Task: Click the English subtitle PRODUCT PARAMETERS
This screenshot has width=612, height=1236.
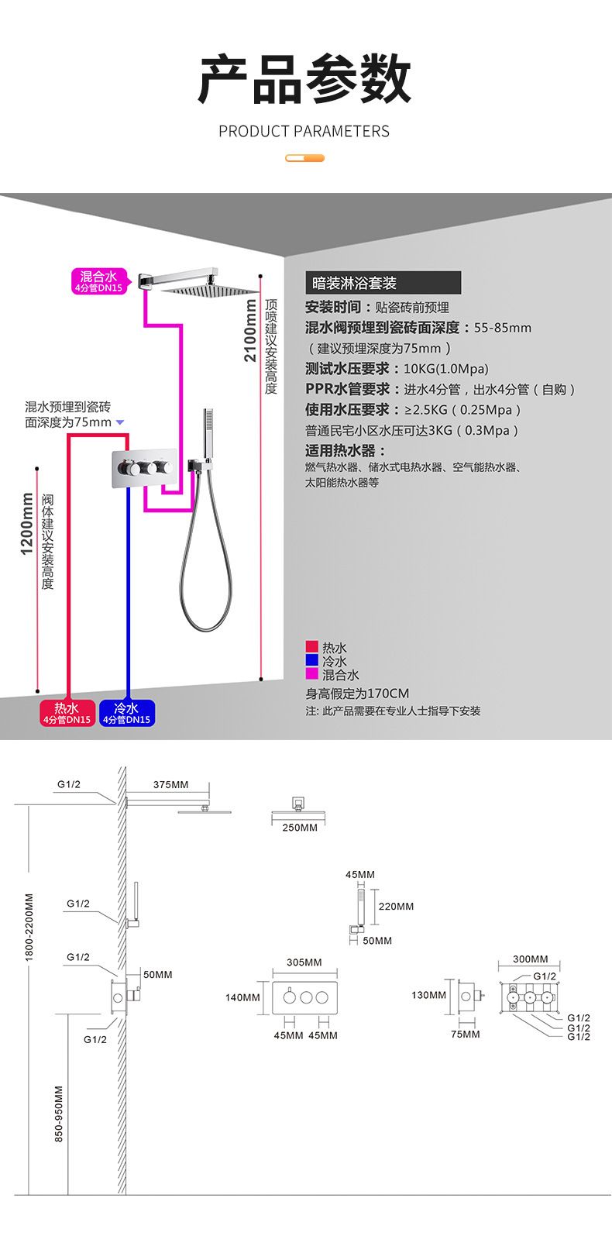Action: [304, 131]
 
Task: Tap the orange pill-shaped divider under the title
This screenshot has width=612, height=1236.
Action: [304, 158]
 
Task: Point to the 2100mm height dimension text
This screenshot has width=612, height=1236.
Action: [249, 331]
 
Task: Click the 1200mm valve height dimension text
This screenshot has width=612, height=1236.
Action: [26, 524]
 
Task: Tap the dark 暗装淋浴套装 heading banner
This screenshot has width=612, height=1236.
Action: [383, 283]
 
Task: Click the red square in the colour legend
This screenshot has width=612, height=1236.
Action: [311, 647]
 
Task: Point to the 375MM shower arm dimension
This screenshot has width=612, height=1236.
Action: [170, 784]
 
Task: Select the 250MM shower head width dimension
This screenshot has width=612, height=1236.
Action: [300, 828]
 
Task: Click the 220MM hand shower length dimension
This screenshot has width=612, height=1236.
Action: [396, 906]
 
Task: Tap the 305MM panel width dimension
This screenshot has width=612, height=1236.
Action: [304, 962]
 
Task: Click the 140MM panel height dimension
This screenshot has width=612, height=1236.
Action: [242, 997]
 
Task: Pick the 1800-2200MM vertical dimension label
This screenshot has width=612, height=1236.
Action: [29, 927]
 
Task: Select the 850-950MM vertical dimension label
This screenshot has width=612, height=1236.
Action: [60, 1114]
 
